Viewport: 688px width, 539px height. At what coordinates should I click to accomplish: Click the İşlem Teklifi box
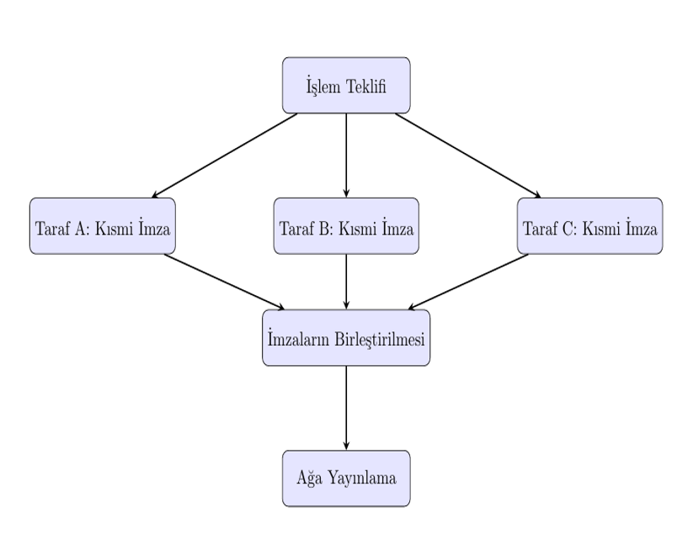click(x=346, y=85)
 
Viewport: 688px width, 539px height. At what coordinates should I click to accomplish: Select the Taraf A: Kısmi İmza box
click(x=102, y=226)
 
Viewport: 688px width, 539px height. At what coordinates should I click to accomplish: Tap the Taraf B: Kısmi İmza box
click(x=346, y=226)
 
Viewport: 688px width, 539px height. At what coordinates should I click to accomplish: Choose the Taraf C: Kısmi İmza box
click(x=589, y=226)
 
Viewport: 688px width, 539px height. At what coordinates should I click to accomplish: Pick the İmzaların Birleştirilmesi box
click(x=346, y=338)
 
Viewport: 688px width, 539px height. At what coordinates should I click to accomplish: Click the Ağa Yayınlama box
click(x=346, y=478)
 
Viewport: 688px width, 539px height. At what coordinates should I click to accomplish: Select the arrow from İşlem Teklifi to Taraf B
click(x=346, y=156)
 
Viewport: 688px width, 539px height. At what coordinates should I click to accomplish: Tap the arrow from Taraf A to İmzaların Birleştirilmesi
click(x=224, y=282)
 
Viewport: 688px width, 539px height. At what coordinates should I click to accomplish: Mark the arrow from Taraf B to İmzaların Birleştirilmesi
click(x=346, y=282)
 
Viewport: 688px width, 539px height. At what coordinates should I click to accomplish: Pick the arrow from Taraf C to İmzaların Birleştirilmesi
click(x=467, y=282)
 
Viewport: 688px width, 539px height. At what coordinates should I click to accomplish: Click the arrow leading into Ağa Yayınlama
click(x=346, y=408)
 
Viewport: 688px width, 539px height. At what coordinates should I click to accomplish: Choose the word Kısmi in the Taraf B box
click(x=358, y=227)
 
